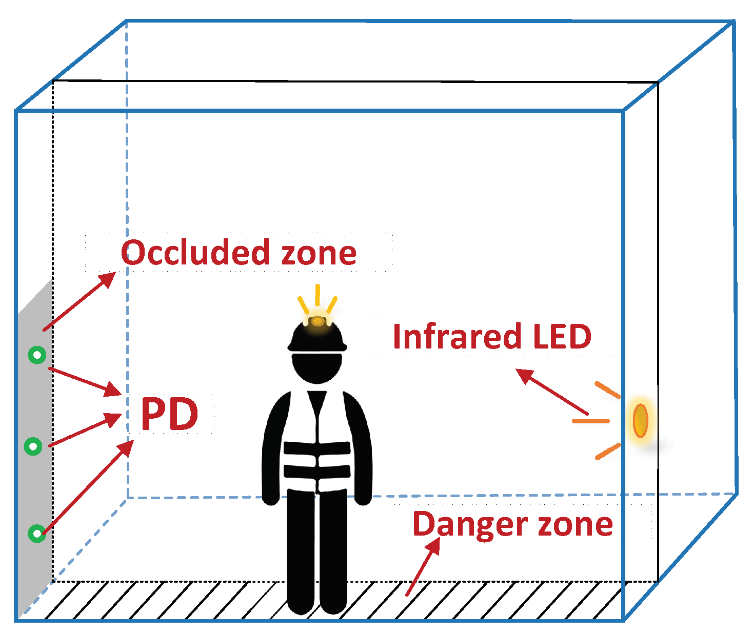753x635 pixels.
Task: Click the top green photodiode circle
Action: pyautogui.click(x=37, y=355)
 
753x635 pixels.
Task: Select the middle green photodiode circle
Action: pyautogui.click(x=33, y=446)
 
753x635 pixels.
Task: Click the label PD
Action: pyautogui.click(x=169, y=414)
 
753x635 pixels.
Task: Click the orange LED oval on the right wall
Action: pyautogui.click(x=641, y=420)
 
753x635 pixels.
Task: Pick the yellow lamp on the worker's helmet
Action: pyautogui.click(x=318, y=321)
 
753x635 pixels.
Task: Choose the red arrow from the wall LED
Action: pyautogui.click(x=551, y=392)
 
